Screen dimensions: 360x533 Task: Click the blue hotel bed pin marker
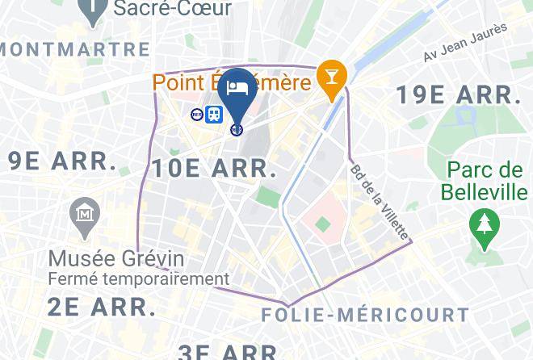[237, 90]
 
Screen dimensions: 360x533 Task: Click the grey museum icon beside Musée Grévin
[85, 214]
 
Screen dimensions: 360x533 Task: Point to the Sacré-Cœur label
[172, 9]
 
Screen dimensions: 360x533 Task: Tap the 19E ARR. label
[458, 94]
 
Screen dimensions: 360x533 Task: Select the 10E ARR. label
[214, 168]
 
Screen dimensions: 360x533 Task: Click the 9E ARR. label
[62, 160]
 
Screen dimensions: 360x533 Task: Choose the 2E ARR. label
[101, 307]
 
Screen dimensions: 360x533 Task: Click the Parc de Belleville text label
[485, 182]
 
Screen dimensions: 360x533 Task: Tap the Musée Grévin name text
[116, 259]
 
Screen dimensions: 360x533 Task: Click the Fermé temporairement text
[138, 279]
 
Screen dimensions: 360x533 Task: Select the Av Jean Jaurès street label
[465, 42]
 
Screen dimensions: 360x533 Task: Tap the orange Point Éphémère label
[232, 82]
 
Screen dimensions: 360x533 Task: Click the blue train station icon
[214, 115]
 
